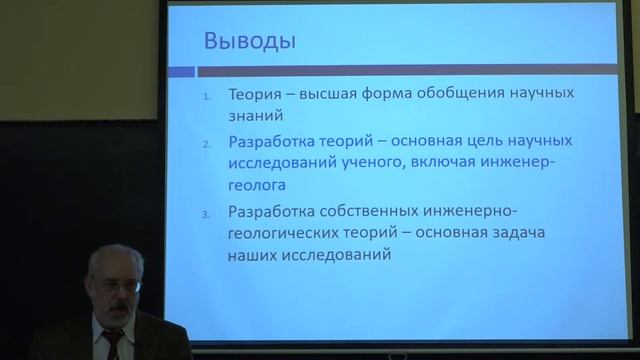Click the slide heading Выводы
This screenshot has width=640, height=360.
point(249,43)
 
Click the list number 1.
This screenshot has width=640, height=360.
point(206,96)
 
